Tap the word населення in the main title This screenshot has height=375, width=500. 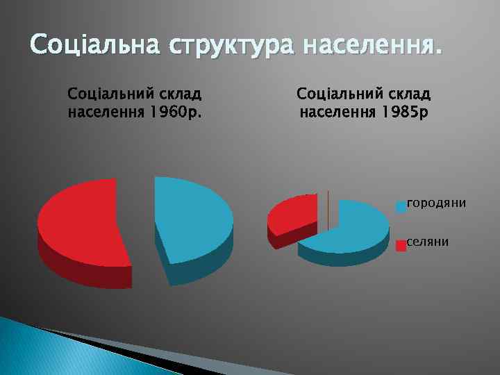372,47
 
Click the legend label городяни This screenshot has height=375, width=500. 436,203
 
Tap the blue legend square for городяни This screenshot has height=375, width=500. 401,206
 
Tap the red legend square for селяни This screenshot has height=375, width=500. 401,245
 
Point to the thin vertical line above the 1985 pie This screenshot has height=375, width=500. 328,208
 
